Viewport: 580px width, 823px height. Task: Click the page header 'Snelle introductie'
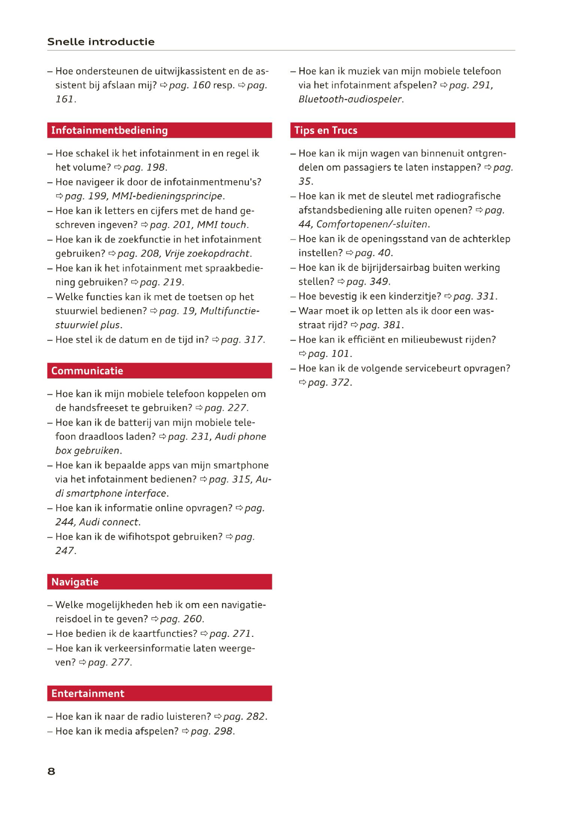[101, 42]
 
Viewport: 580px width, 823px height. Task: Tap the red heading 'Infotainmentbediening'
[110, 130]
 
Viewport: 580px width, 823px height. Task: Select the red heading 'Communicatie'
[87, 371]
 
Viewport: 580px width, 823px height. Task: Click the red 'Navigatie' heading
[75, 582]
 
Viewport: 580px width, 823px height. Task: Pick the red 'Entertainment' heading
[88, 694]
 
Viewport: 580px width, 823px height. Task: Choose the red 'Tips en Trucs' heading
[326, 130]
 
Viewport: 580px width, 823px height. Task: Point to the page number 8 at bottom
[51, 771]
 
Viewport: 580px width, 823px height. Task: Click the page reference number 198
[155, 168]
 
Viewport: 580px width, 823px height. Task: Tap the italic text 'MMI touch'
[222, 225]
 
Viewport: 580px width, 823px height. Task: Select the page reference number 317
[253, 340]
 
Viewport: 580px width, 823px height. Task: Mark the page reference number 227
[236, 408]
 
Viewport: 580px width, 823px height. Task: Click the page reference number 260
[192, 619]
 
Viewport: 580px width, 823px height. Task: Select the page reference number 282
[255, 717]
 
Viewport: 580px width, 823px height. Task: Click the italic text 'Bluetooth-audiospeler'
[350, 100]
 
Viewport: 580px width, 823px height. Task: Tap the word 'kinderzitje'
[413, 297]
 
